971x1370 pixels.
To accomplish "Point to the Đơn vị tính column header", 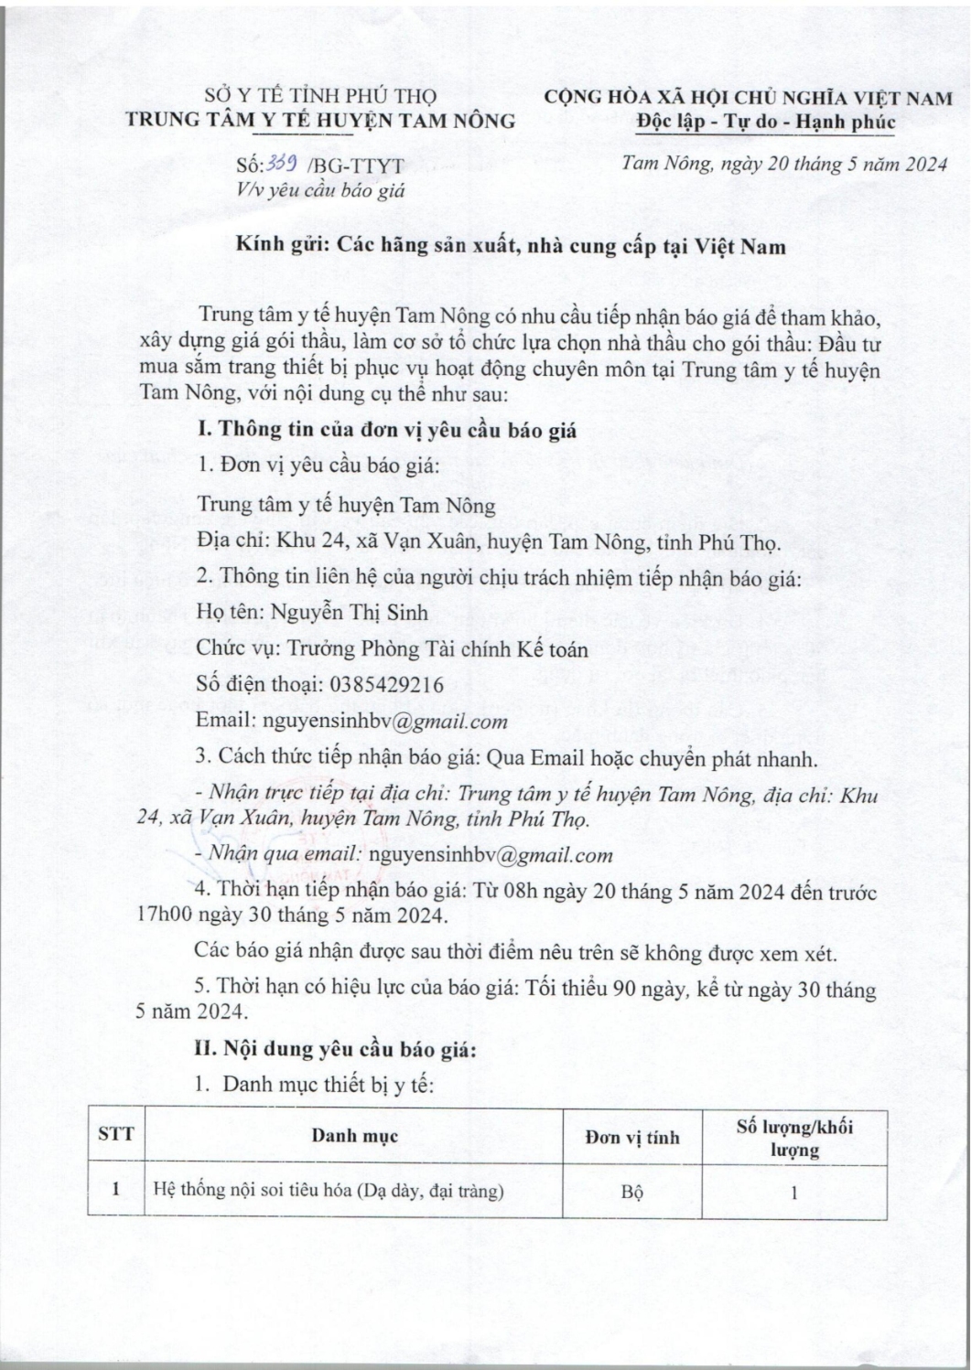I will pyautogui.click(x=632, y=1137).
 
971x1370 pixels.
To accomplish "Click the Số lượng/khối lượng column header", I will pyautogui.click(x=794, y=1137).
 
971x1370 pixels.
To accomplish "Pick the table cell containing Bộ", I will pyautogui.click(x=632, y=1193).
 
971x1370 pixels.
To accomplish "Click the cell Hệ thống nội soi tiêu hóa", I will pyautogui.click(x=328, y=1192).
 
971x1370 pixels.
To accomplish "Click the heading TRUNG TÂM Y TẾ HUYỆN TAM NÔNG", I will pyautogui.click(x=320, y=120).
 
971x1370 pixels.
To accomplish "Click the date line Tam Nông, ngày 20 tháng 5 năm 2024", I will pyautogui.click(x=783, y=165).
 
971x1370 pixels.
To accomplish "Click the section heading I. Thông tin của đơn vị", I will pyautogui.click(x=387, y=430).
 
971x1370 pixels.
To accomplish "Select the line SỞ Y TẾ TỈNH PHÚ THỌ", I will pyautogui.click(x=320, y=96).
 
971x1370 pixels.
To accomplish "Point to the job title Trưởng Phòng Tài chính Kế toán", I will pyautogui.click(x=438, y=648).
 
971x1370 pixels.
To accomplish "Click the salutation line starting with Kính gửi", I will pyautogui.click(x=511, y=246).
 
